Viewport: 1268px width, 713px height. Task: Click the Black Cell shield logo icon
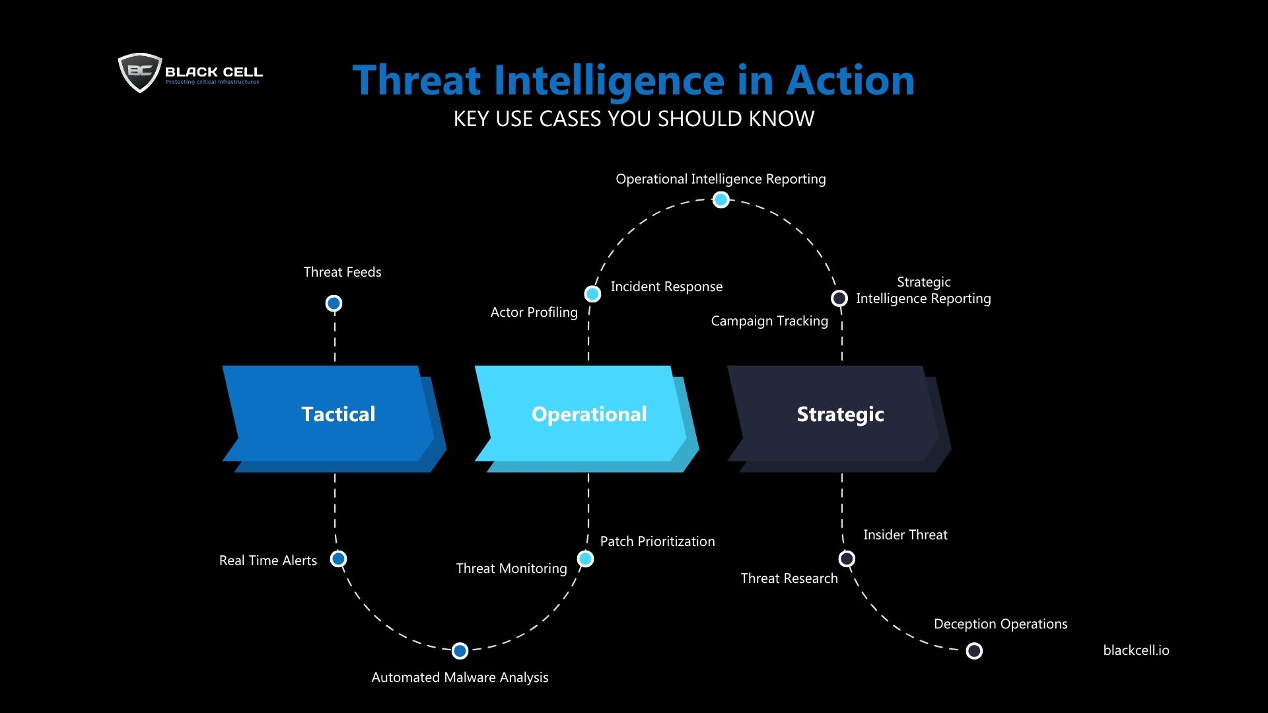tap(140, 72)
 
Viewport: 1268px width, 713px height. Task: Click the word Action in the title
tap(850, 80)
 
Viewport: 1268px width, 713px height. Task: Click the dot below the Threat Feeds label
tap(334, 303)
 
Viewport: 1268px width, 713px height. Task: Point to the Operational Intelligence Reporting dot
tap(721, 199)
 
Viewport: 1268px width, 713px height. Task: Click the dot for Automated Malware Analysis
tap(460, 651)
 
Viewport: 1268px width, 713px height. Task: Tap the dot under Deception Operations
tap(974, 651)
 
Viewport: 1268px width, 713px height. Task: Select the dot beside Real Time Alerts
tap(339, 559)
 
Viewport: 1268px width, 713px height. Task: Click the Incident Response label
tap(666, 287)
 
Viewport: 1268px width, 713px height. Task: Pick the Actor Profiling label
tap(534, 312)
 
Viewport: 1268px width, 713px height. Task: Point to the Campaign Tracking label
tap(769, 321)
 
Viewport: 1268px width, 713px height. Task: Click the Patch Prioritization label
tap(657, 541)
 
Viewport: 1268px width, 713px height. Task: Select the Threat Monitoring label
tap(511, 568)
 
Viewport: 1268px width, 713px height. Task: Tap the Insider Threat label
tap(905, 535)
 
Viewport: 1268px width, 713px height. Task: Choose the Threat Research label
tap(789, 578)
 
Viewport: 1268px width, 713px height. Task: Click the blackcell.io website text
tap(1136, 650)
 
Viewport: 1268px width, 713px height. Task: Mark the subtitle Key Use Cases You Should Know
tap(634, 119)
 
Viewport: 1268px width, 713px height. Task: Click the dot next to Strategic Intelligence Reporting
tap(839, 298)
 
